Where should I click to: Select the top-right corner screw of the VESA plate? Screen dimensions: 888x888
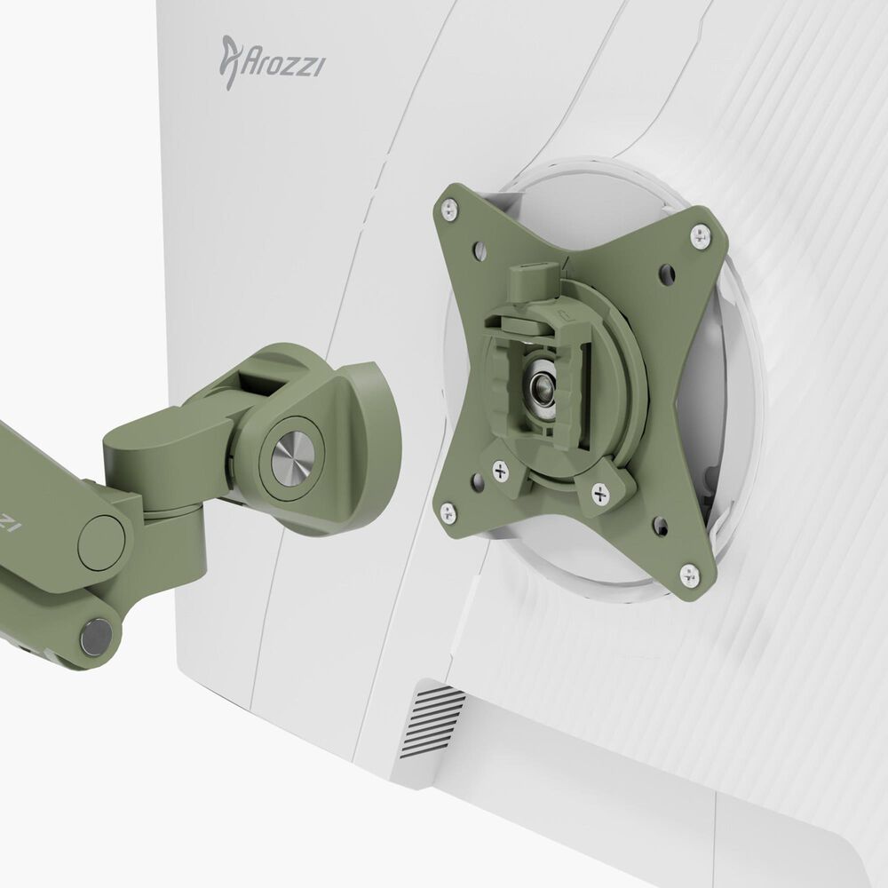[701, 235]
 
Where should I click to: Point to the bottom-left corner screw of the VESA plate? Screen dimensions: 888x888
[448, 512]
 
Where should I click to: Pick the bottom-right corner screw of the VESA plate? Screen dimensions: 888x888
[690, 575]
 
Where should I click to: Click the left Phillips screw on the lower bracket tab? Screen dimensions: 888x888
[499, 470]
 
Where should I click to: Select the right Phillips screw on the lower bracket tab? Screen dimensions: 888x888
[601, 490]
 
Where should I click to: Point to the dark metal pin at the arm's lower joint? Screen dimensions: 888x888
[96, 636]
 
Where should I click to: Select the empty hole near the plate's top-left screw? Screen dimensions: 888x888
[480, 250]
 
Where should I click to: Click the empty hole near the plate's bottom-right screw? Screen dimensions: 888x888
[661, 526]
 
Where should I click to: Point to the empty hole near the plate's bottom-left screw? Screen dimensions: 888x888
[478, 481]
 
